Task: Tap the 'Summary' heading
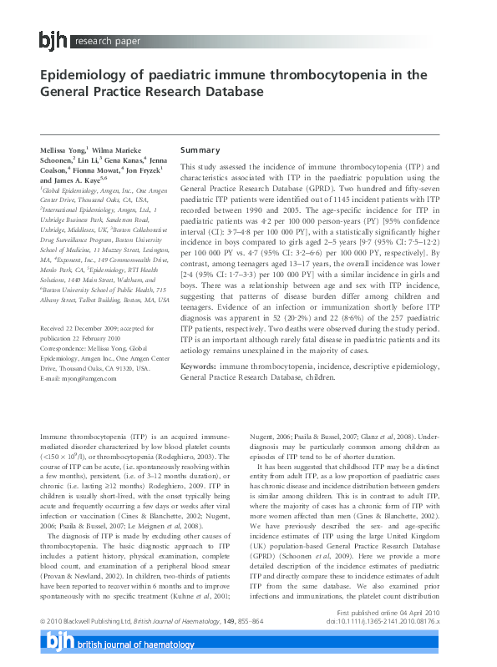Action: [200, 150]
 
